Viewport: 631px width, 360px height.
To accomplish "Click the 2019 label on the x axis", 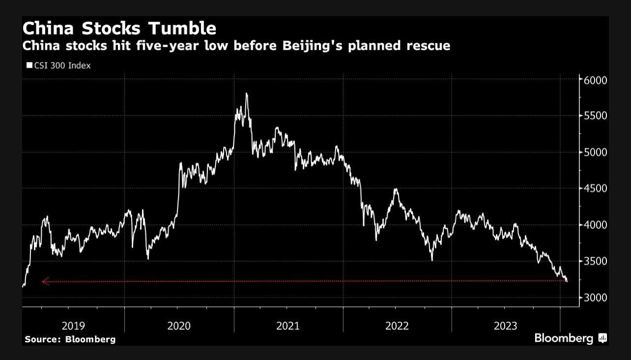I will point(73,326).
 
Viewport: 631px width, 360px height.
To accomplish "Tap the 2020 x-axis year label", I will point(179,326).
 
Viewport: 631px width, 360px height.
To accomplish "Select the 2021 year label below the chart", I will point(287,326).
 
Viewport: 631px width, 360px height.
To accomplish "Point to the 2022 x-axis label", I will point(397,326).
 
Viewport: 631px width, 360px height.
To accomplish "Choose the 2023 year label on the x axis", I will point(505,326).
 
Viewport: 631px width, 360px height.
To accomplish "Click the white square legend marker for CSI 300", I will point(29,65).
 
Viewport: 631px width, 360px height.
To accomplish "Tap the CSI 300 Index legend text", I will point(62,65).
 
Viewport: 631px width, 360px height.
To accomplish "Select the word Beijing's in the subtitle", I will point(336,46).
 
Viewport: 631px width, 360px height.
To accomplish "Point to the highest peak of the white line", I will point(246,93).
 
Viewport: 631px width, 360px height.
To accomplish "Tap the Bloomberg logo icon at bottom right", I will point(602,338).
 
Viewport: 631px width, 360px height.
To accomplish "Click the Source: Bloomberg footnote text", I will point(70,339).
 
